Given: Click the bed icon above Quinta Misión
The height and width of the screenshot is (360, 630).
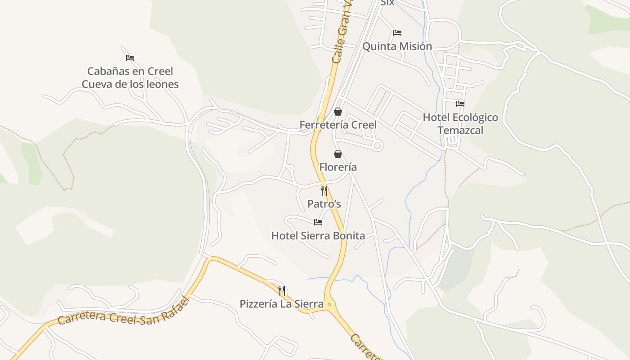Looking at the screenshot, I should coord(397,33).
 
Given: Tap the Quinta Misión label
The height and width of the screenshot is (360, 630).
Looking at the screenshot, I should coord(397,46).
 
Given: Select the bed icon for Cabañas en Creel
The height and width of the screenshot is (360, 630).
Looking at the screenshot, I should coord(130,58).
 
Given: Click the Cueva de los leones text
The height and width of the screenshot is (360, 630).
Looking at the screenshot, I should coord(130,84).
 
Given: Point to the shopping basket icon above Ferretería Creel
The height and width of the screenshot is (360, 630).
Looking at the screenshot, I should coord(338,112).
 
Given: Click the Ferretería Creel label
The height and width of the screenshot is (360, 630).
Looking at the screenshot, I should coord(338,125).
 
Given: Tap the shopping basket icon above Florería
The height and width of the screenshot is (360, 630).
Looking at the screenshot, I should coord(338,154).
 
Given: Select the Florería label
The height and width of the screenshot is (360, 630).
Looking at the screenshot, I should coord(338,167).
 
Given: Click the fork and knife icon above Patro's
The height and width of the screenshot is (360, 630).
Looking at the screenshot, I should coord(324,191).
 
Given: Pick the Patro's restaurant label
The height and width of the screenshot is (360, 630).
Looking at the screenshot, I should coord(324,204).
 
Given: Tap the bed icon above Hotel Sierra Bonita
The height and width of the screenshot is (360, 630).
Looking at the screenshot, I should coord(318,222).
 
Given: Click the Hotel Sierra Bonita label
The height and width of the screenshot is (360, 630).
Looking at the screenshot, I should coord(318,235).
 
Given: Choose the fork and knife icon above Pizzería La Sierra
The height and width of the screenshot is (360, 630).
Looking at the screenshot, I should coord(282,291).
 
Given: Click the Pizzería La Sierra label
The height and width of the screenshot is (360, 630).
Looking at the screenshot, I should coord(282,304).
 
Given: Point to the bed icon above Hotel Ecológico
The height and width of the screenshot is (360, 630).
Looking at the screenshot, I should coord(460,104).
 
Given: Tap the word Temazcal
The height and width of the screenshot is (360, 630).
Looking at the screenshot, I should coord(460,130).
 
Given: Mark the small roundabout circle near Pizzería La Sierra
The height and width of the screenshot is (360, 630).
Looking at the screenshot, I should coord(329,305).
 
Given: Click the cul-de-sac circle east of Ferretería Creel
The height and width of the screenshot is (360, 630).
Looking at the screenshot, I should coord(377,145).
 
